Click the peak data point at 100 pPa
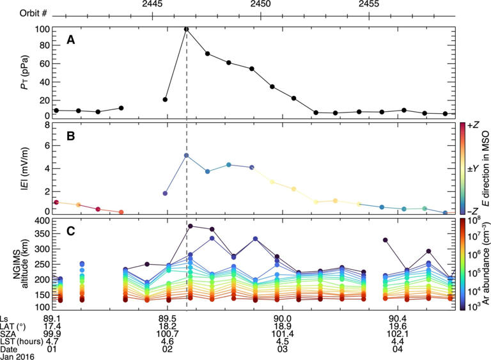coord(186,29)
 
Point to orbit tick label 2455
coord(369,4)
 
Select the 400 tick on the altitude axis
coord(42,221)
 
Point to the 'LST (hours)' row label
coord(22,341)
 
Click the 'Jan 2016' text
coord(17,356)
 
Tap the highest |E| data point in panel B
coord(186,155)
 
